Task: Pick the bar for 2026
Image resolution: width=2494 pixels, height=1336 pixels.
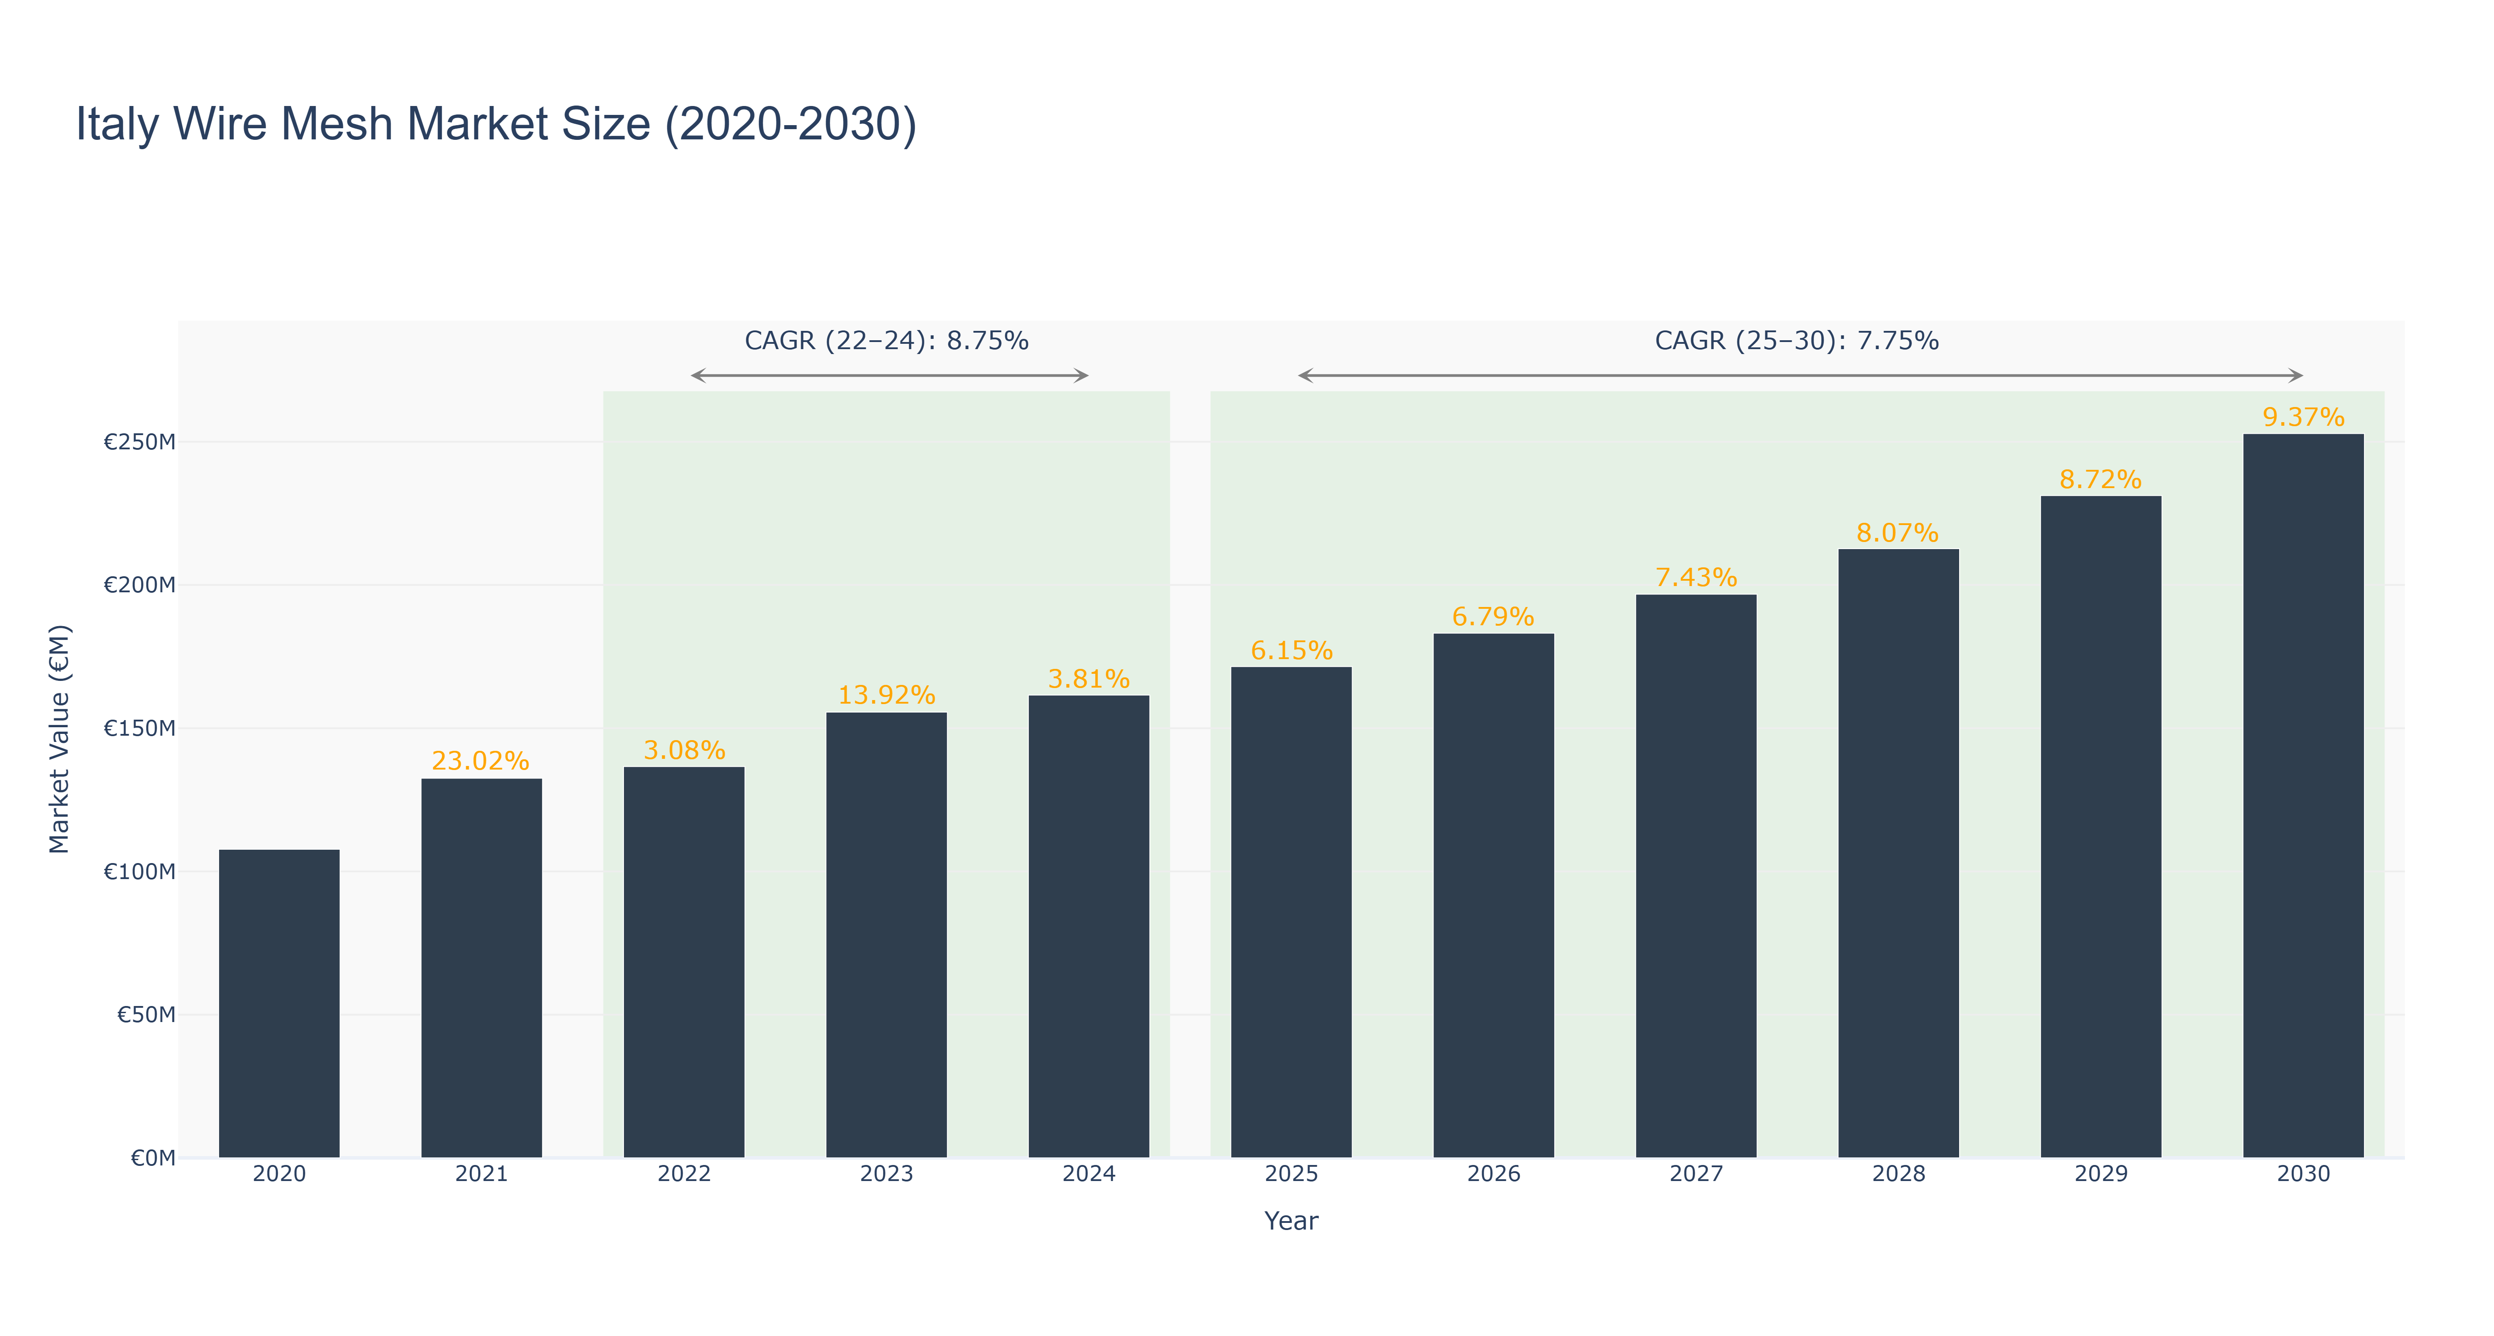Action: coord(1494,896)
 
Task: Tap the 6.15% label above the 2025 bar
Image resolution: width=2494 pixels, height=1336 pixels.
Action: coord(1292,651)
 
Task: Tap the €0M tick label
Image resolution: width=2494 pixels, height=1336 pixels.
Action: coord(153,1158)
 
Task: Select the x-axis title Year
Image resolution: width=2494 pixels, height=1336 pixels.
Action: coord(1292,1221)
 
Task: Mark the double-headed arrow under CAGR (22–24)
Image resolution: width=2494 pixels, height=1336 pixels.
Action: coord(890,375)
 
